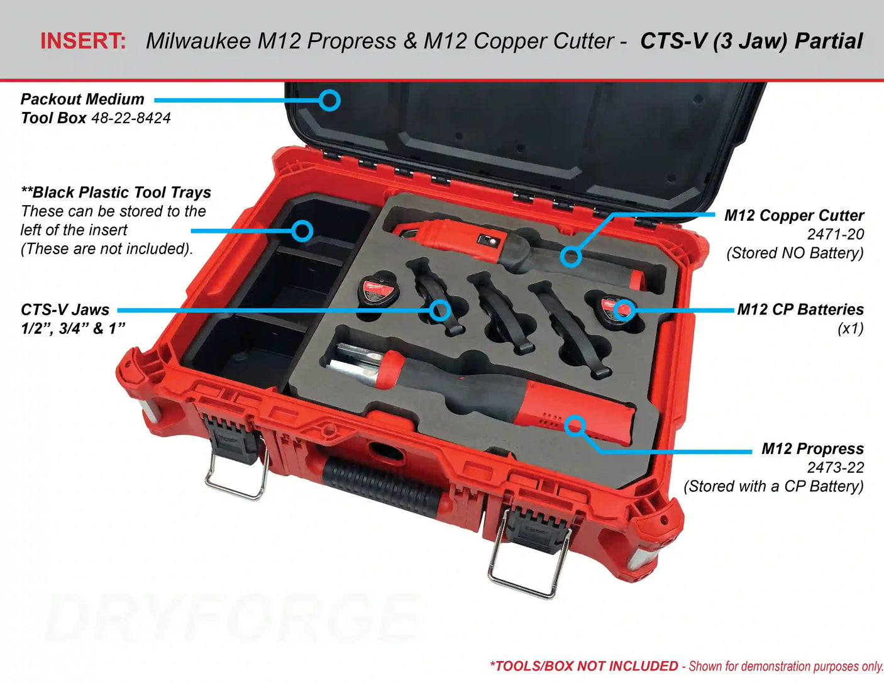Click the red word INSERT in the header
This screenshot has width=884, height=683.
tap(83, 41)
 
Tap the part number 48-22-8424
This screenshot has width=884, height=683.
tap(131, 118)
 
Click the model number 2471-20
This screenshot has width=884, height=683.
tap(836, 235)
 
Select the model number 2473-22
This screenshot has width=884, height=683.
tap(836, 468)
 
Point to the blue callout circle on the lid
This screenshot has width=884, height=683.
tap(329, 100)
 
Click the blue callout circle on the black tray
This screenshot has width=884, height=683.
tap(302, 231)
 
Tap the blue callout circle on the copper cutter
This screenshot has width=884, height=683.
tap(571, 257)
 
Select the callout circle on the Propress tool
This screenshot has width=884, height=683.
tap(575, 426)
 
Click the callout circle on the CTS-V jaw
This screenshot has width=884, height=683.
tap(440, 311)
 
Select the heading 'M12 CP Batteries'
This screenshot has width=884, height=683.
tap(800, 309)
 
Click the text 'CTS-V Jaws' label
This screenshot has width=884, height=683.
tap(65, 310)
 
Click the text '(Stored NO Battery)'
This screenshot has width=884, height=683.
tap(795, 253)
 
